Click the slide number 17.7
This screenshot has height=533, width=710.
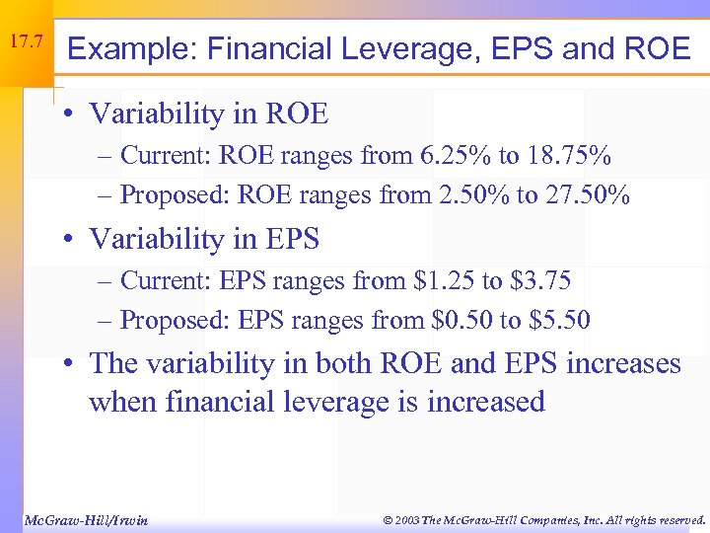26,42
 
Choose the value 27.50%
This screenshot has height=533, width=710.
589,194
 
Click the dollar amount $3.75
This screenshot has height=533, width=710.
539,281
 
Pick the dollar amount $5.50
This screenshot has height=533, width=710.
559,320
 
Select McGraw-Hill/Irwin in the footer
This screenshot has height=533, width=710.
85,519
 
